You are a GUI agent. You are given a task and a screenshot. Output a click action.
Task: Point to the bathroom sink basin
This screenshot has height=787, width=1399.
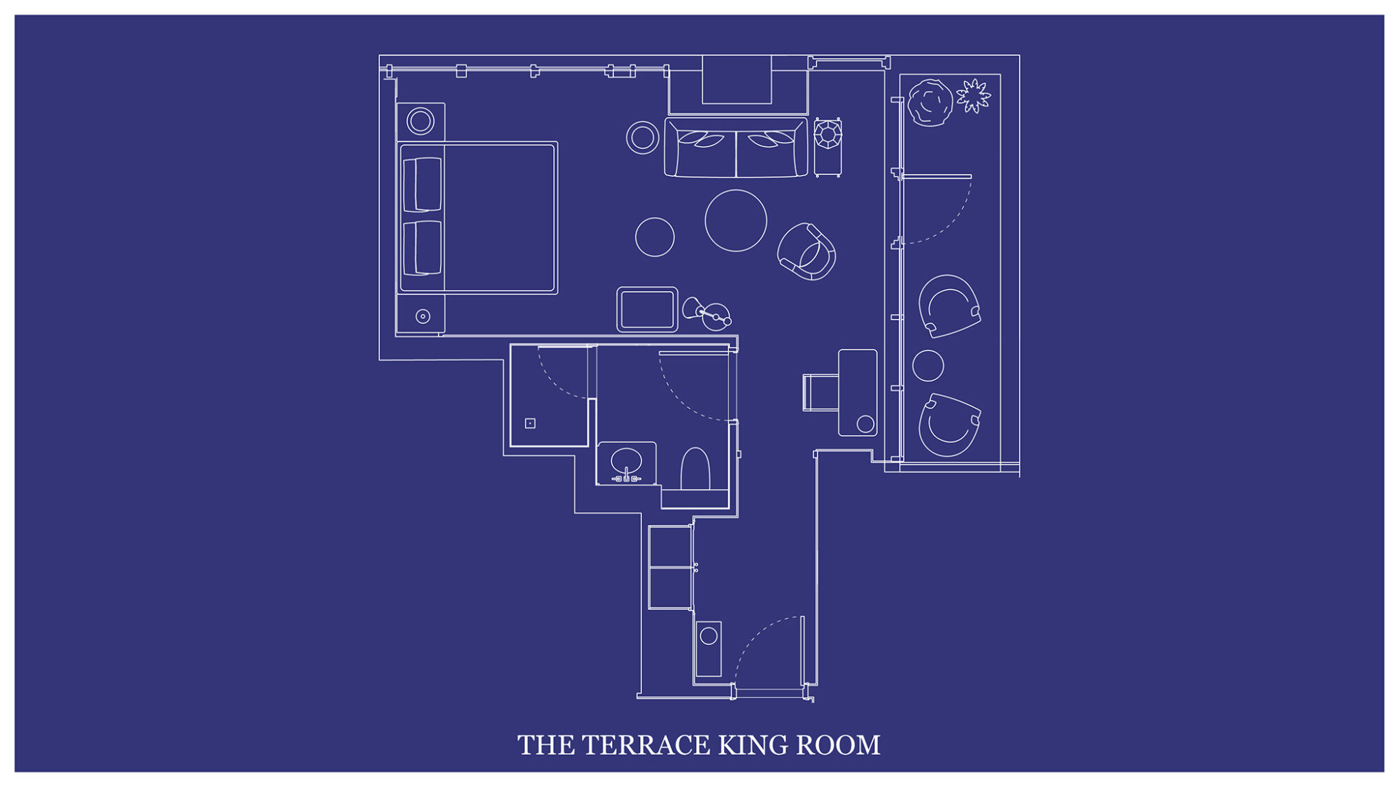(626, 461)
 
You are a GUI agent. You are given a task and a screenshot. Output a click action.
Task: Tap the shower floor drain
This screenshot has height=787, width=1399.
(530, 423)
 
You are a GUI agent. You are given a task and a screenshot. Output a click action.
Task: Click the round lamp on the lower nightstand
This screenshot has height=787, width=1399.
(423, 317)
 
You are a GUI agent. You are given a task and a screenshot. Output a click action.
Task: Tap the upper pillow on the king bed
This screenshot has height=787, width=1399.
(422, 184)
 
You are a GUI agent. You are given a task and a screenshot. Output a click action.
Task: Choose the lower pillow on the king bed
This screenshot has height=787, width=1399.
(422, 248)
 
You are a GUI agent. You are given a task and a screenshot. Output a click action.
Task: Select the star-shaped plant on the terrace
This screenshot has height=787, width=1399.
(973, 95)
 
